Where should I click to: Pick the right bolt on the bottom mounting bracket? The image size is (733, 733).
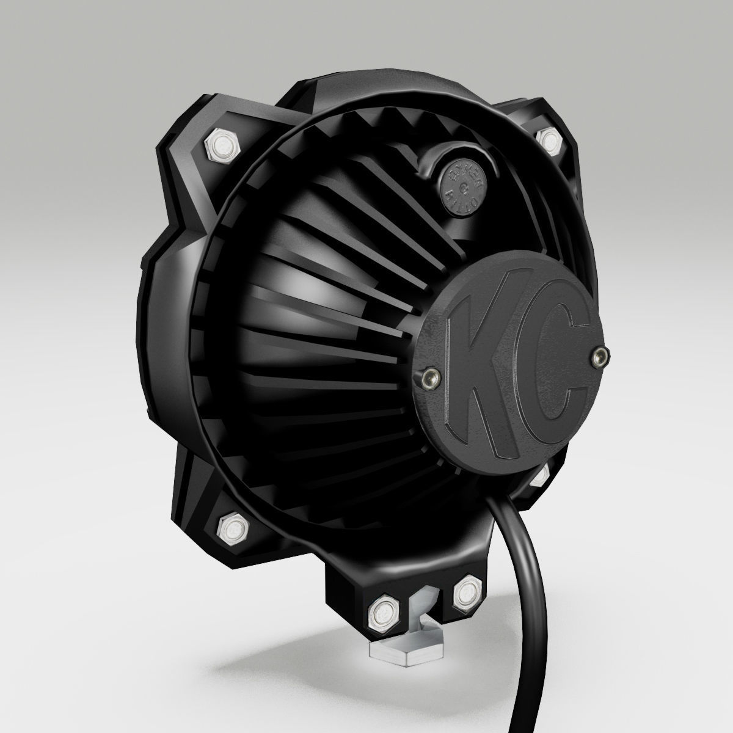pyautogui.click(x=467, y=592)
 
